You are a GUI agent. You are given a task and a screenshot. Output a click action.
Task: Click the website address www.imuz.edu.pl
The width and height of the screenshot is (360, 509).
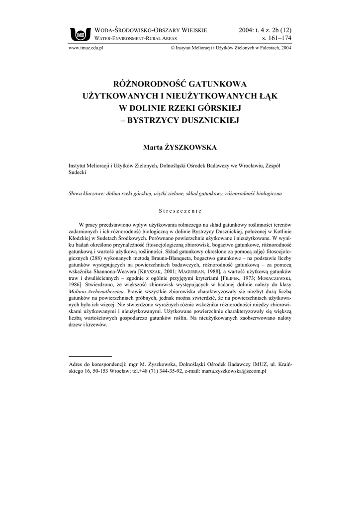pos(85,48)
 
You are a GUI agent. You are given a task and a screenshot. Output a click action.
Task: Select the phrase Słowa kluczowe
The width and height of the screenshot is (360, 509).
pos(86,194)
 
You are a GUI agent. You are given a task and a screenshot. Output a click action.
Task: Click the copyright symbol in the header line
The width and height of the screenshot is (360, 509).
pos(172,49)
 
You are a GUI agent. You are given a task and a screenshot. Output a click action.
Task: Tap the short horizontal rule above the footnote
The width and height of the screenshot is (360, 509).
pos(90,356)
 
